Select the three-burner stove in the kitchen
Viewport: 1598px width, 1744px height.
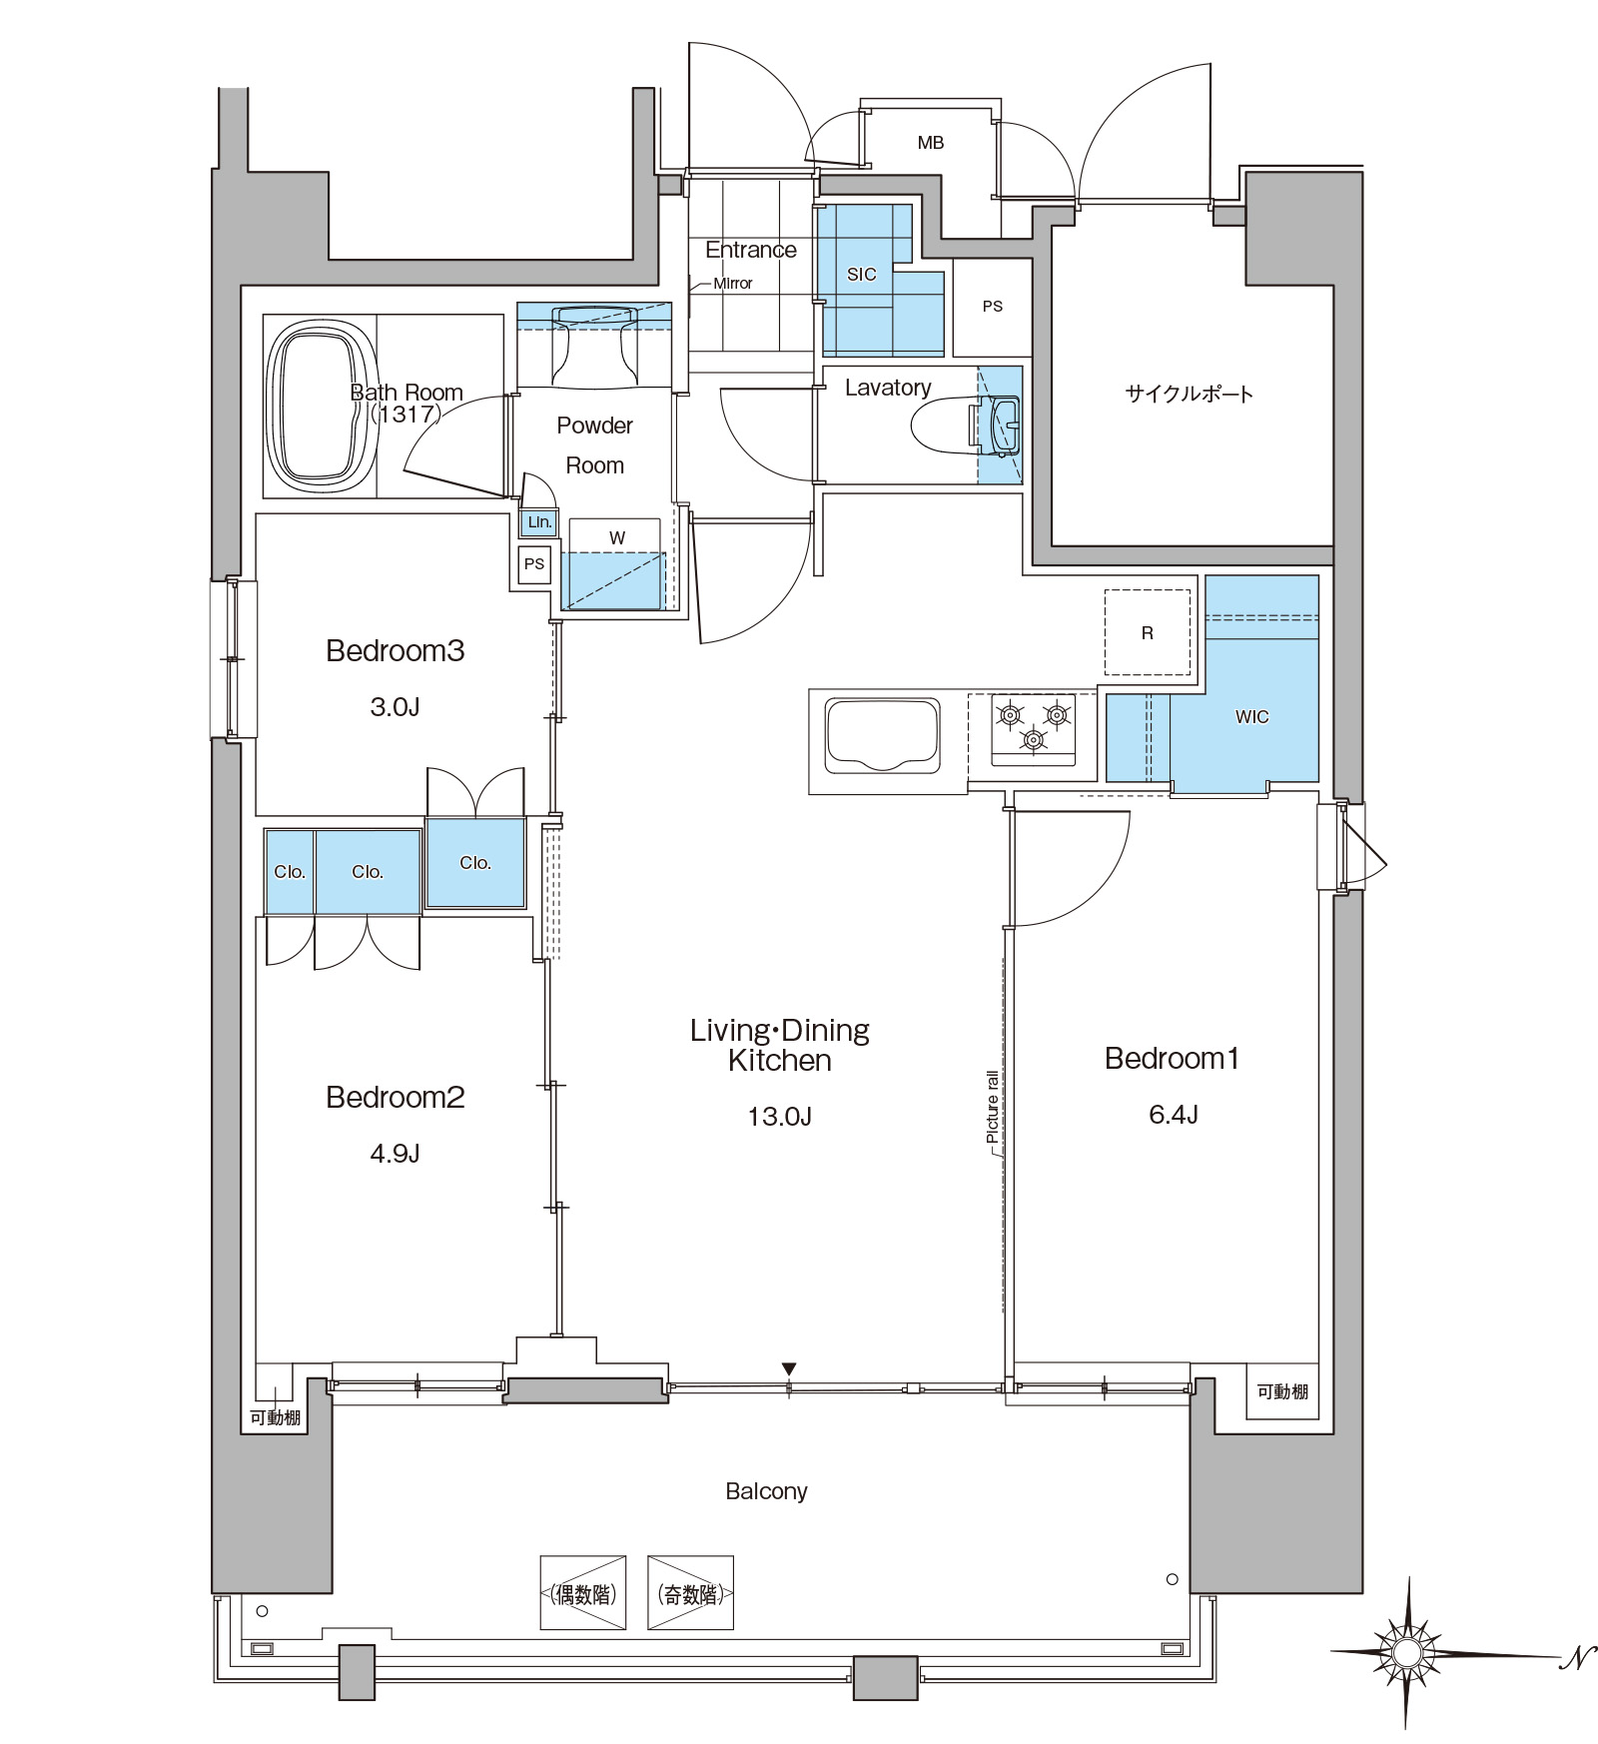1034,728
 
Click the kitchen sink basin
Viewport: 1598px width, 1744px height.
881,735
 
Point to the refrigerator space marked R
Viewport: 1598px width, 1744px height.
1147,632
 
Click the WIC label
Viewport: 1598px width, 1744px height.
1251,717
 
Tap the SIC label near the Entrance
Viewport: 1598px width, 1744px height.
861,275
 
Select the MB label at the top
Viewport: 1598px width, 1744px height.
931,143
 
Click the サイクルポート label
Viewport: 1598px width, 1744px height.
1189,394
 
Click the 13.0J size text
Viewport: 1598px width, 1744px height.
779,1116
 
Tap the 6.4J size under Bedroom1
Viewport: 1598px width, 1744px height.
1173,1115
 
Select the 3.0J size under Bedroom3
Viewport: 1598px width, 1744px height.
395,707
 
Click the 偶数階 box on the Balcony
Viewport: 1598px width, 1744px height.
583,1593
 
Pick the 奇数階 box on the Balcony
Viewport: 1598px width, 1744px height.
690,1593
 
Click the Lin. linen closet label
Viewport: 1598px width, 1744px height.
539,522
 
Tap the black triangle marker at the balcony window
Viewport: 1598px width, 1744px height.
789,1368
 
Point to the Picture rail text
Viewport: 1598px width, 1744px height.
992,1106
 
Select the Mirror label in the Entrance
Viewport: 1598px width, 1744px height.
733,284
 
